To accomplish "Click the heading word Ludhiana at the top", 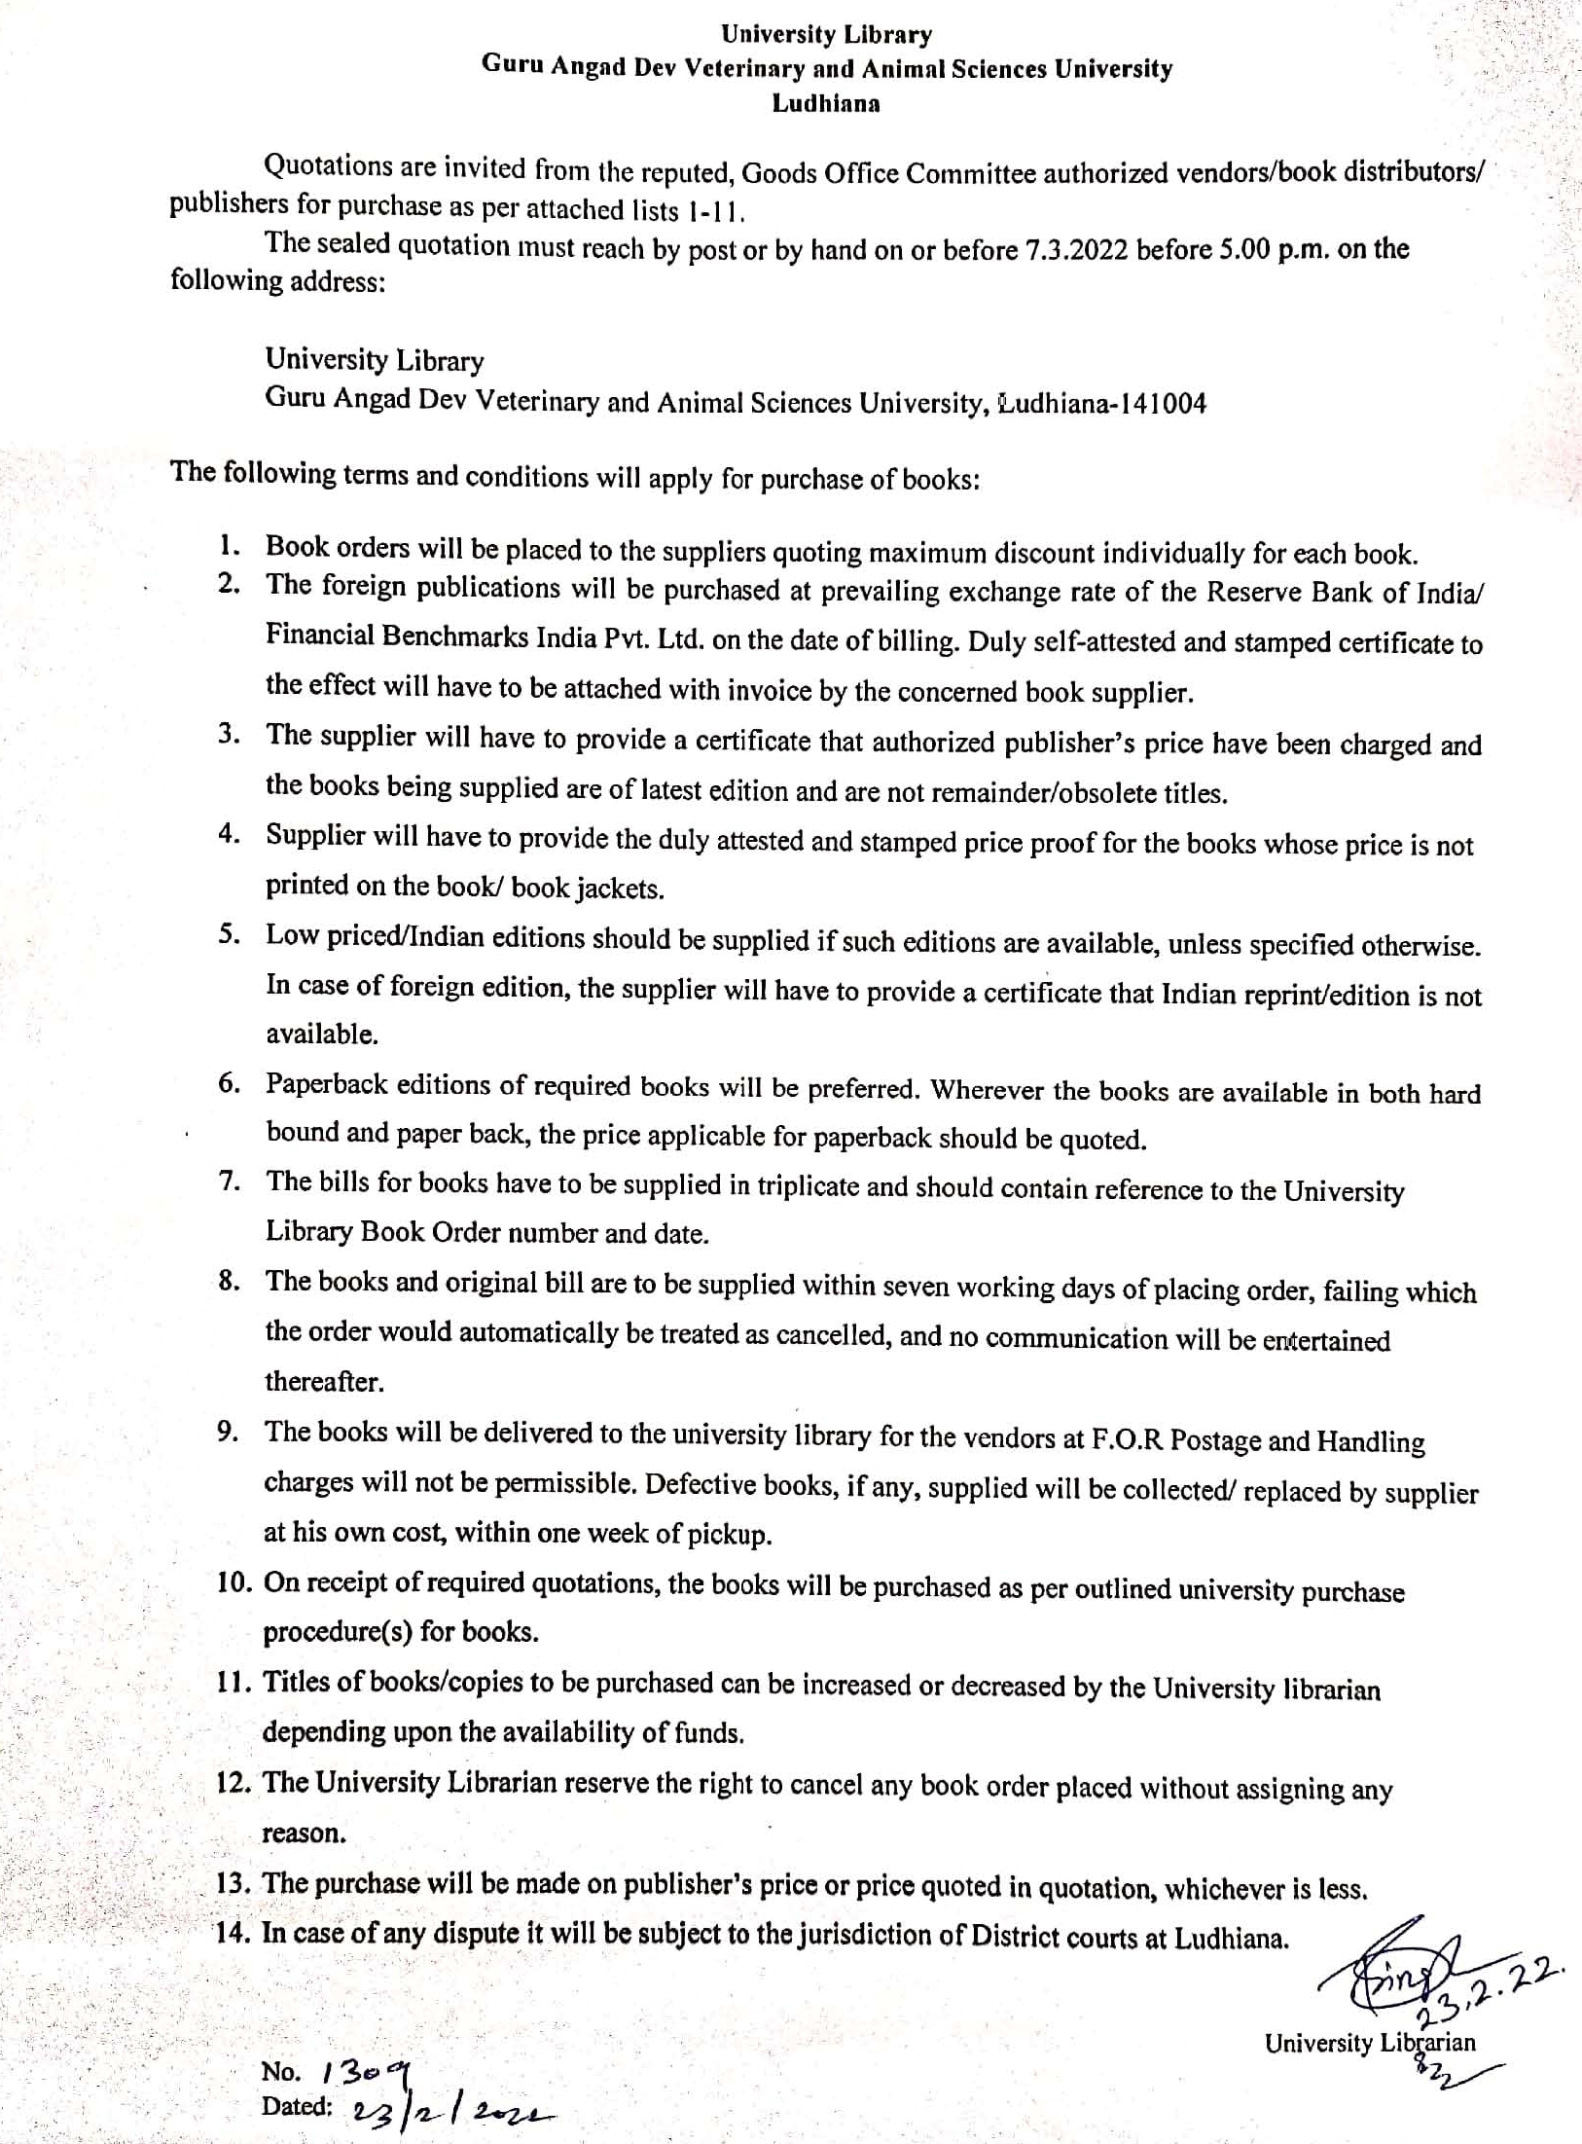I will point(826,104).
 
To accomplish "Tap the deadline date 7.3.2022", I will point(1076,250).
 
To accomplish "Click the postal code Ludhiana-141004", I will point(1102,403).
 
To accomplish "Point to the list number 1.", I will point(229,545).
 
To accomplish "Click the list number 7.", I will point(229,1181).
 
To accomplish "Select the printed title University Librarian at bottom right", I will point(1369,2043).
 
